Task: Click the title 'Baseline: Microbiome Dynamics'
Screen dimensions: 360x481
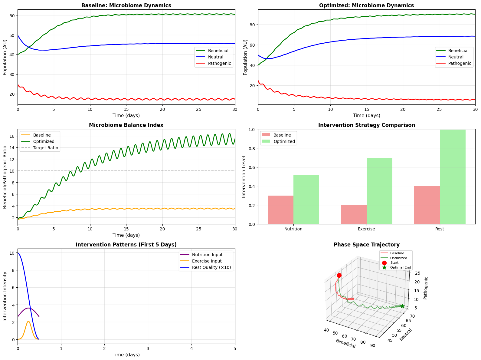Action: click(x=126, y=5)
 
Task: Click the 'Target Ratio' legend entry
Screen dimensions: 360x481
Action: click(x=46, y=148)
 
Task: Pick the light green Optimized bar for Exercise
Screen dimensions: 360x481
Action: click(x=379, y=191)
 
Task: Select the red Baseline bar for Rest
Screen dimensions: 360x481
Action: click(x=427, y=205)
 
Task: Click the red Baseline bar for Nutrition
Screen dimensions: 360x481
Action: click(x=280, y=210)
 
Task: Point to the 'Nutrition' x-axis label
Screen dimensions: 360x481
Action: click(x=293, y=229)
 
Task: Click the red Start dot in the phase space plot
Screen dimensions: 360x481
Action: click(x=339, y=275)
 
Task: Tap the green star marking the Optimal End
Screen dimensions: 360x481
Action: click(x=402, y=306)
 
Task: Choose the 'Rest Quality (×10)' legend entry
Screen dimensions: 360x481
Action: click(x=211, y=267)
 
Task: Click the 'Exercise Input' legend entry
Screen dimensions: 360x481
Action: click(x=207, y=261)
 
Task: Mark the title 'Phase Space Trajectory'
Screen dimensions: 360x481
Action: click(x=366, y=245)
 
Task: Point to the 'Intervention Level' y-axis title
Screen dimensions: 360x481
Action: click(x=244, y=177)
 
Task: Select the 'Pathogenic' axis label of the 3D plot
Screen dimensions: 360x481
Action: click(x=425, y=288)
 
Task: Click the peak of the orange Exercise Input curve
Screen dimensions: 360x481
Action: click(x=28, y=321)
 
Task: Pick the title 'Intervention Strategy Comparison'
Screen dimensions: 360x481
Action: click(x=366, y=125)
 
